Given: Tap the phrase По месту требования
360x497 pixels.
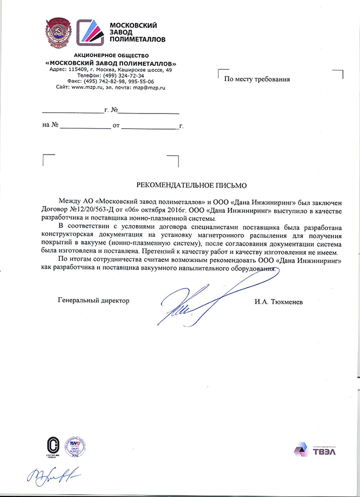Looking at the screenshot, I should click(x=257, y=79).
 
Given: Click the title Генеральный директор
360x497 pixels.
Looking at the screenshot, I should click(x=93, y=301).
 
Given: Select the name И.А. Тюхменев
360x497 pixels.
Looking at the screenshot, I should click(x=279, y=301).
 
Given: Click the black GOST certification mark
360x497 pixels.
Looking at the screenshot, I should click(x=51, y=445).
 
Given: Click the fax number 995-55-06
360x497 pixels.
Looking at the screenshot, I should click(x=140, y=81).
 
